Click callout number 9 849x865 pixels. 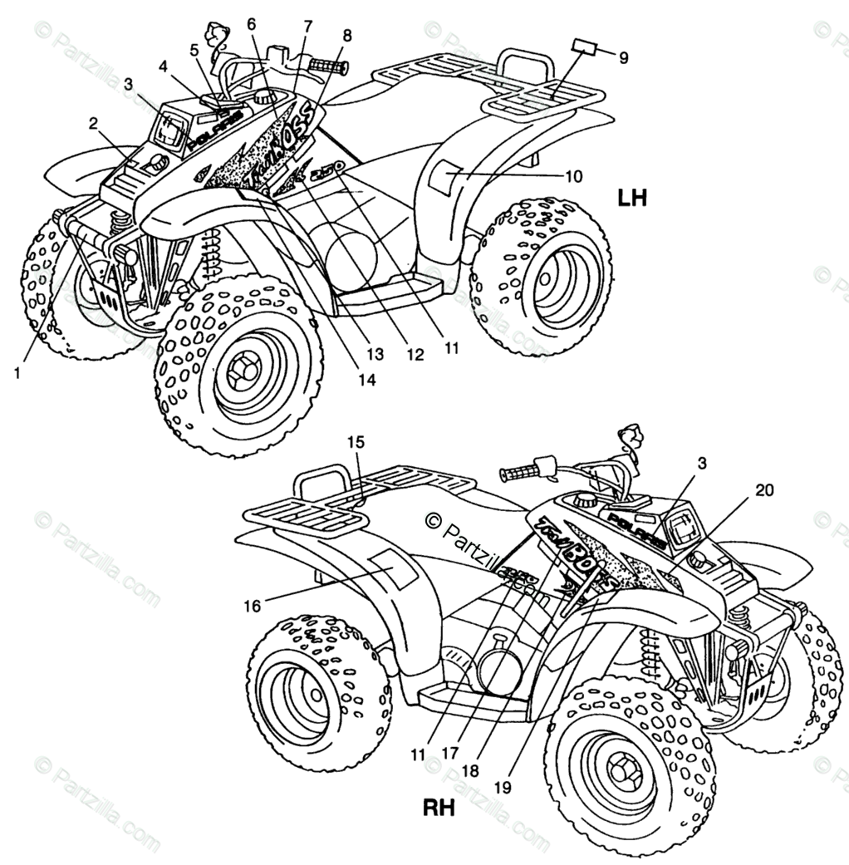pyautogui.click(x=624, y=57)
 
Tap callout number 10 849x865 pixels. pyautogui.click(x=574, y=176)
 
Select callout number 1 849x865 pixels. pyautogui.click(x=17, y=374)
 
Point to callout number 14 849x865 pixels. pyautogui.click(x=366, y=380)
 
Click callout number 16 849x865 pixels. pyautogui.click(x=251, y=606)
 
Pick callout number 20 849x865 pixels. pyautogui.click(x=764, y=490)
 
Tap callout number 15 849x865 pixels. pyautogui.click(x=356, y=443)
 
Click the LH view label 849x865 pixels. pyautogui.click(x=631, y=198)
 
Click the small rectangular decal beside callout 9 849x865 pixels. pyautogui.click(x=584, y=46)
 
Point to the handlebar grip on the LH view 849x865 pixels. pyautogui.click(x=326, y=65)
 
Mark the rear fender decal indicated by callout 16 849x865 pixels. pyautogui.click(x=390, y=568)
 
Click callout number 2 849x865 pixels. pyautogui.click(x=94, y=124)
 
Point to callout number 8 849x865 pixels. pyautogui.click(x=346, y=36)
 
